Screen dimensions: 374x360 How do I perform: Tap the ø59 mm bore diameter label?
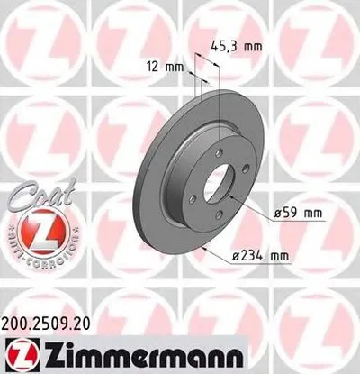(298, 214)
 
